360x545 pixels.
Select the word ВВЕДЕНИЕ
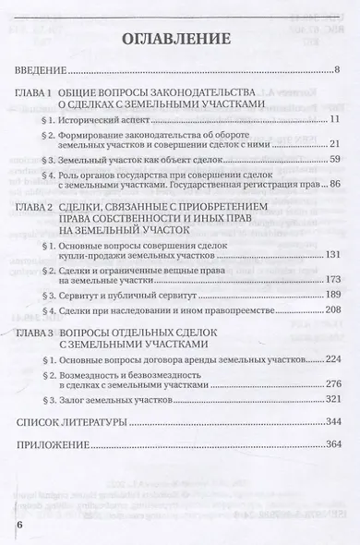coord(42,71)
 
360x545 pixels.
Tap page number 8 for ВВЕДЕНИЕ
coord(339,71)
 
